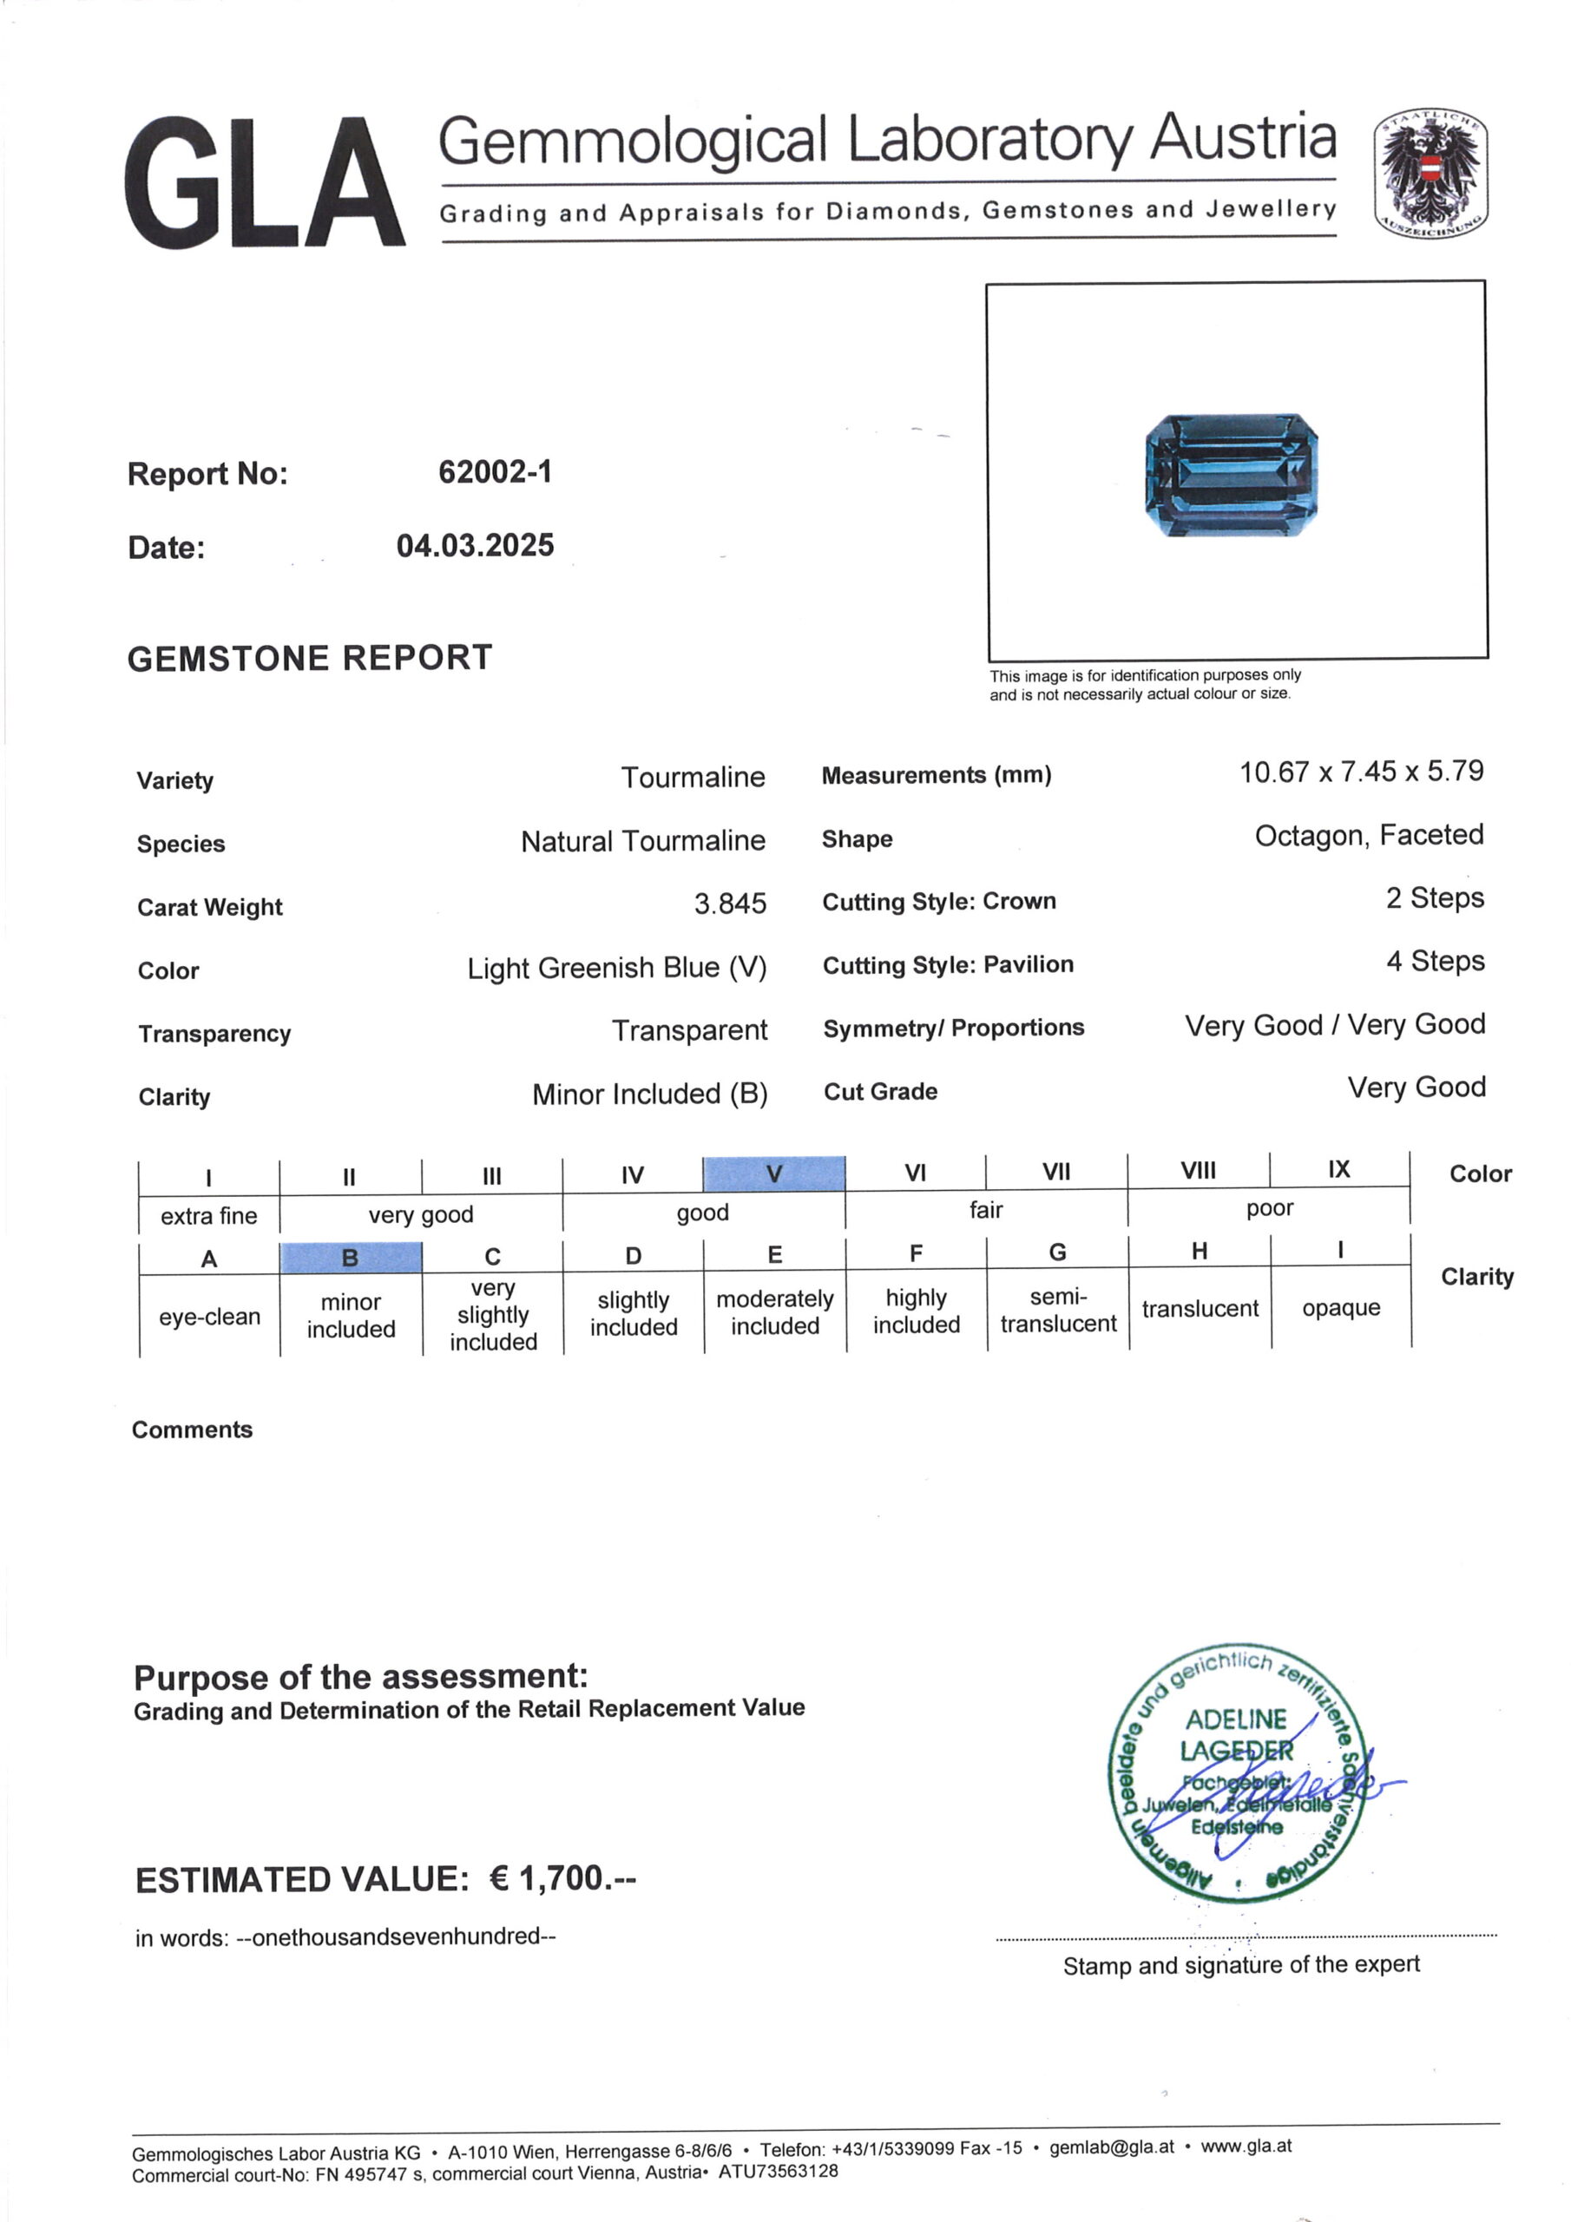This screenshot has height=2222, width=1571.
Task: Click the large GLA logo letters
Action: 263,183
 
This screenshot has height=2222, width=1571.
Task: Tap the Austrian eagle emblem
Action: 1430,172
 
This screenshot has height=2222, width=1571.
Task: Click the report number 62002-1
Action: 495,472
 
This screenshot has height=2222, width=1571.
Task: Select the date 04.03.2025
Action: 476,546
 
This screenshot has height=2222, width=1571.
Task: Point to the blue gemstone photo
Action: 1232,474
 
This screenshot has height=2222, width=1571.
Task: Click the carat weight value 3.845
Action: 730,904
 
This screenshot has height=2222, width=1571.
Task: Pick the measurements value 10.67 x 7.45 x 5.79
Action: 1361,772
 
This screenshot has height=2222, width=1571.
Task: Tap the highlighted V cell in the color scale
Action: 773,1173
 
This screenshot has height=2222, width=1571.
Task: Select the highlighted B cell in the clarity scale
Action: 351,1257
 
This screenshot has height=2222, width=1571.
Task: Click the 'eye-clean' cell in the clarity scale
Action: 209,1316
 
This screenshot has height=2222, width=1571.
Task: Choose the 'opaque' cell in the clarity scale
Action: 1341,1307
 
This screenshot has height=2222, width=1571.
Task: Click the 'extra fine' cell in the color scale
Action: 209,1215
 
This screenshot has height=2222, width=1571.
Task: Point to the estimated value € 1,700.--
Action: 562,1878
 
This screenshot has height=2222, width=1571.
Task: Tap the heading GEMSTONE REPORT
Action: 310,658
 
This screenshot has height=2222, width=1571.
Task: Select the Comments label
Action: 192,1430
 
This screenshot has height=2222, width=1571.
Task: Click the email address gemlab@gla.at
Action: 1111,2146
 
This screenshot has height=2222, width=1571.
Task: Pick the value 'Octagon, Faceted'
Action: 1369,835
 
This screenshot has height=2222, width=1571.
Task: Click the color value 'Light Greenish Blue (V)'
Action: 616,968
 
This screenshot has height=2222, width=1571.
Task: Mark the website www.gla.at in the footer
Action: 1246,2146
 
